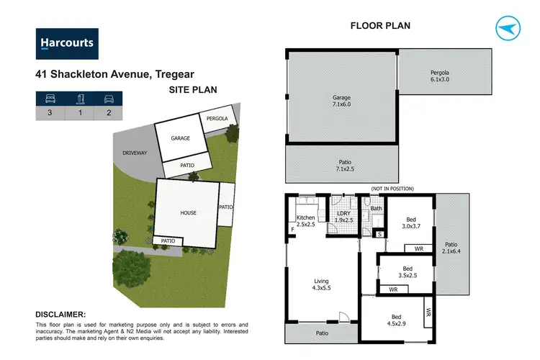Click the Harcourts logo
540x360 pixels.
click(x=67, y=43)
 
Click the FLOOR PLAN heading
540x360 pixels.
click(x=380, y=26)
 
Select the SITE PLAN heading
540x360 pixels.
click(x=193, y=90)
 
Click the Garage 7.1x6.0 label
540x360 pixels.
click(x=341, y=101)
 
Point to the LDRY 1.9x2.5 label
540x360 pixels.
click(x=343, y=217)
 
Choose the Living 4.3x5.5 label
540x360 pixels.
click(x=321, y=285)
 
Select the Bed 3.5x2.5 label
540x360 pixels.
click(x=408, y=271)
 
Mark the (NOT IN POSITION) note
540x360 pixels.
click(x=392, y=189)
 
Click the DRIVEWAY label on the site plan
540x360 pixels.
click(x=134, y=153)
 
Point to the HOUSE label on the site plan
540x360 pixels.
click(x=189, y=213)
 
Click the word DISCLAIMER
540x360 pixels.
click(x=60, y=315)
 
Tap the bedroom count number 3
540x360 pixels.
click(x=50, y=112)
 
